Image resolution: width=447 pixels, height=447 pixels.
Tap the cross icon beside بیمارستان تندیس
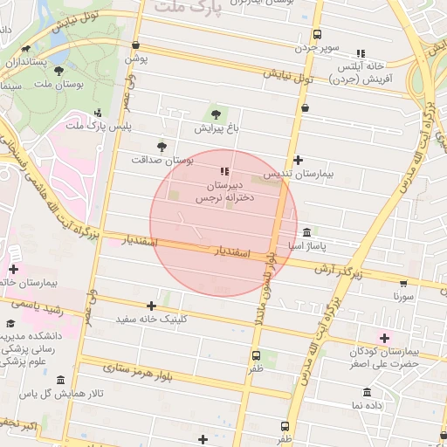point(299,160)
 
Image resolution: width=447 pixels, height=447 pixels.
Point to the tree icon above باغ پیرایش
point(215,113)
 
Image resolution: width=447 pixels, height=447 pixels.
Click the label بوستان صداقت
point(162,161)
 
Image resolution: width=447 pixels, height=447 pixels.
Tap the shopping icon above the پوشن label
point(135,45)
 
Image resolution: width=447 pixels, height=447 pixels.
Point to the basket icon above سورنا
point(402,282)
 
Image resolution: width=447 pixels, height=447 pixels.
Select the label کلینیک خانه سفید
point(153,320)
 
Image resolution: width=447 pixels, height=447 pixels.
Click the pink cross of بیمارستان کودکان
point(384,337)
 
